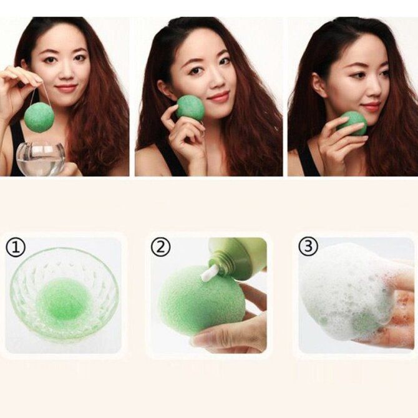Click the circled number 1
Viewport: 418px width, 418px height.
point(15,248)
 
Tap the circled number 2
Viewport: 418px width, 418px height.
point(160,247)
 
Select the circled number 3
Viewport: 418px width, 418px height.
point(308,246)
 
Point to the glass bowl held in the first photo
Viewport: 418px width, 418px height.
point(41,158)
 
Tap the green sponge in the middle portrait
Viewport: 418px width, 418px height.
point(190,109)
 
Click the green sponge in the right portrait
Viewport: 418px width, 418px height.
point(352,123)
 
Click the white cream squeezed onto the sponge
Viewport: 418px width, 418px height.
point(208,275)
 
